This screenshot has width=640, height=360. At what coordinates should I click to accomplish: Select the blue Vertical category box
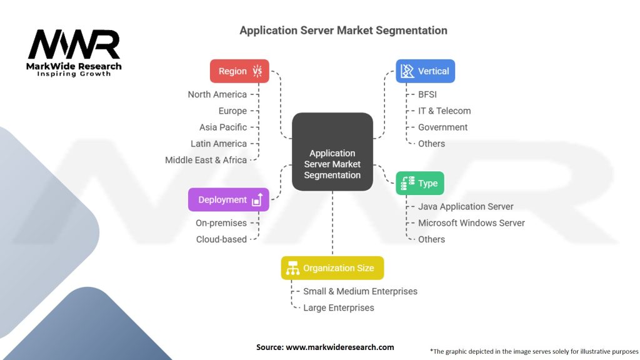[x=425, y=71]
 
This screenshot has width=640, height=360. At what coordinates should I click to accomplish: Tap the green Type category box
[x=420, y=183]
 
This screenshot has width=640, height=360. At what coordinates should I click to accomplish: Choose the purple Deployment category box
[x=228, y=200]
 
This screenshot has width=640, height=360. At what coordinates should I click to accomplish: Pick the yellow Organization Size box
[x=332, y=268]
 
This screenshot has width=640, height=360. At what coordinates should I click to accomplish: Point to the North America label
[x=217, y=94]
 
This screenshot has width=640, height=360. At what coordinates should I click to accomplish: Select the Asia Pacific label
[x=223, y=127]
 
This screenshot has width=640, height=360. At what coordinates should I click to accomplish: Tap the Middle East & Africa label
[x=206, y=160]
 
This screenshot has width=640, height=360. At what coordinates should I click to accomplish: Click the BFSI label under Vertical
[x=427, y=94]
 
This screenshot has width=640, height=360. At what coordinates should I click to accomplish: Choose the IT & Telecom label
[x=444, y=111]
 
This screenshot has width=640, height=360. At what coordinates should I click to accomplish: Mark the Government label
[x=442, y=127]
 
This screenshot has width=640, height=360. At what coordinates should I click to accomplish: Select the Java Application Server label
[x=466, y=206]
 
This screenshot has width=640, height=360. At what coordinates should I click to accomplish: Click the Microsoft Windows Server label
[x=471, y=222]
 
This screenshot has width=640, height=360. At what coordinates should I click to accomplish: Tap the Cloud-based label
[x=221, y=239]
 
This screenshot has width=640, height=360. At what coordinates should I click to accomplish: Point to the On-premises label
[x=221, y=222]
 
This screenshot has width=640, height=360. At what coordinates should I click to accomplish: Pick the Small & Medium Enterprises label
[x=360, y=291]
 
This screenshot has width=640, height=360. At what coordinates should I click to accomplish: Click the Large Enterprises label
[x=339, y=307]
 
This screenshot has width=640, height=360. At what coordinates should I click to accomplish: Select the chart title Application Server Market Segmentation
[x=343, y=30]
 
